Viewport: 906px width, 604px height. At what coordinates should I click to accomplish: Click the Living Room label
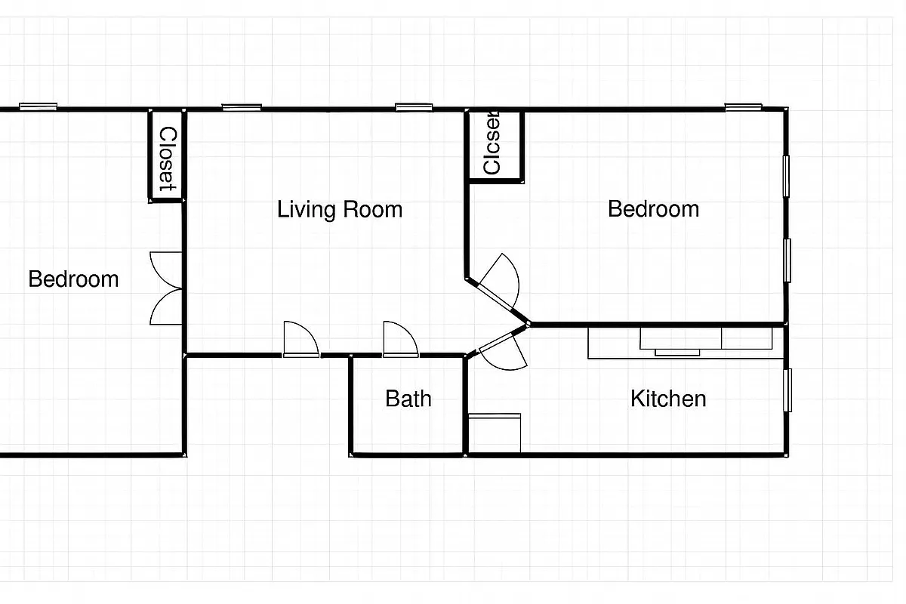point(339,209)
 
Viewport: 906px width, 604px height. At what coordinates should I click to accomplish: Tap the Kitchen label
point(668,398)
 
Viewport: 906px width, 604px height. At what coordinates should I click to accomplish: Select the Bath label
point(408,398)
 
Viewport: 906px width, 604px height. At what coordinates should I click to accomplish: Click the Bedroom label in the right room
point(653,208)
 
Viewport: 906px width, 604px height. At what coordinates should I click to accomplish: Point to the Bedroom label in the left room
point(73,279)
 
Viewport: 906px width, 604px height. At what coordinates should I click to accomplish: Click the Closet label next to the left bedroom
point(168,158)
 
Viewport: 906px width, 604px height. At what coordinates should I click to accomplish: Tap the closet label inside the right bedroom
point(492,146)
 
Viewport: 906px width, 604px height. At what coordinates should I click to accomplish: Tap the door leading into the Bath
point(400,340)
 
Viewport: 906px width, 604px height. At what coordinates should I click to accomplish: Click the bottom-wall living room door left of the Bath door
point(300,340)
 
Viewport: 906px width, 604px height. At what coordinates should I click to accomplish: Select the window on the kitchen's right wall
point(787,390)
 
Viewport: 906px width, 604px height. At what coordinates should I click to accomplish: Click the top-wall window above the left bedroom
point(38,107)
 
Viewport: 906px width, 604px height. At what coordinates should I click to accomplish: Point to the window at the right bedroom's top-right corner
point(744,107)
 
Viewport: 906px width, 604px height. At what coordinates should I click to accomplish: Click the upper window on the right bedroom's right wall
point(786,174)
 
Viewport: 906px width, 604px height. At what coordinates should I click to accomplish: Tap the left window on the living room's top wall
point(242,107)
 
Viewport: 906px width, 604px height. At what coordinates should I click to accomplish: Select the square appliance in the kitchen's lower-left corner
point(495,433)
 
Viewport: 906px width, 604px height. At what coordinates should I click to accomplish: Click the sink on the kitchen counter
point(677,341)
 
